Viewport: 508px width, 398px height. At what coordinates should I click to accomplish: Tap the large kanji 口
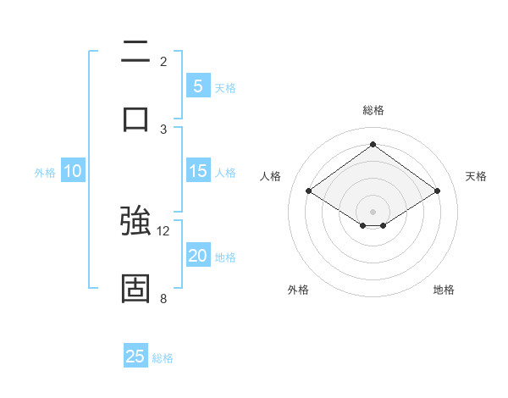(x=135, y=119)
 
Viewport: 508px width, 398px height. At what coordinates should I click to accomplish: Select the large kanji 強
(x=135, y=222)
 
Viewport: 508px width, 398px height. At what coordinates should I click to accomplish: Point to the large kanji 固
(x=135, y=288)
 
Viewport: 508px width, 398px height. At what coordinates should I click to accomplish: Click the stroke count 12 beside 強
(x=163, y=230)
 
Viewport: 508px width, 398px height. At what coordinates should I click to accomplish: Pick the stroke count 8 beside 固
(x=163, y=298)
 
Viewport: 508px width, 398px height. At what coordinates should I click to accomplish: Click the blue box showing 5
(x=198, y=86)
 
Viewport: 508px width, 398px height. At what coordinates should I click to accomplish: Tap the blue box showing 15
(x=198, y=171)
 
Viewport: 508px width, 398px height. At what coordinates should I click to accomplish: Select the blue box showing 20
(x=198, y=256)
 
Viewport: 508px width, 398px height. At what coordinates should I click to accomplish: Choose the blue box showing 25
(x=135, y=357)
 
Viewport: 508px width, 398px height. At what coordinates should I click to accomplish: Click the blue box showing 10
(x=73, y=171)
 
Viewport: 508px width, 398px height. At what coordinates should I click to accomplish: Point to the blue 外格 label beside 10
(x=45, y=172)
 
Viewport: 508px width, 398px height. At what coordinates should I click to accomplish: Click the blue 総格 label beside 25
(x=163, y=357)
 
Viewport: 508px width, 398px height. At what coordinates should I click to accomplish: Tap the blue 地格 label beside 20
(x=225, y=257)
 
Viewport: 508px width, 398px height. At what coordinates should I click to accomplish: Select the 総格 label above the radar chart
(x=373, y=110)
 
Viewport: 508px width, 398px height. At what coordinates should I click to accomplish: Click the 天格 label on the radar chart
(x=477, y=176)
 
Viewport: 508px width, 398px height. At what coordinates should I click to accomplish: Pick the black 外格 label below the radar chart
(x=298, y=290)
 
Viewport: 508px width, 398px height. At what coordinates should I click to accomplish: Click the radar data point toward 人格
(x=309, y=191)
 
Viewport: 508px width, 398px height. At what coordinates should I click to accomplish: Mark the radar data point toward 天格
(x=437, y=191)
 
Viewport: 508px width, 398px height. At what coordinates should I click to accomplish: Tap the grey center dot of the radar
(x=373, y=211)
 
